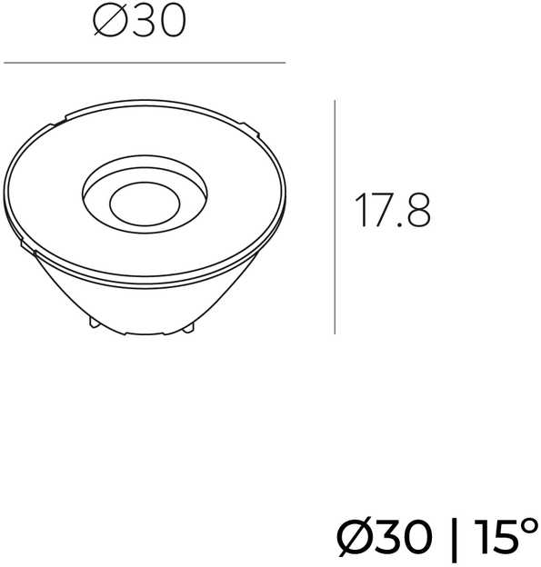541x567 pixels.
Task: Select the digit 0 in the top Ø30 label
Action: point(172,21)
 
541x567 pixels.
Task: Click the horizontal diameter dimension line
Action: point(145,63)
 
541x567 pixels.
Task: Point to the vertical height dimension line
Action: point(335,217)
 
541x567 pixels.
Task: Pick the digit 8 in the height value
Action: point(418,211)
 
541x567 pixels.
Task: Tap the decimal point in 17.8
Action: point(398,224)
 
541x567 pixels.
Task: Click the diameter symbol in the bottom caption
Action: point(354,536)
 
